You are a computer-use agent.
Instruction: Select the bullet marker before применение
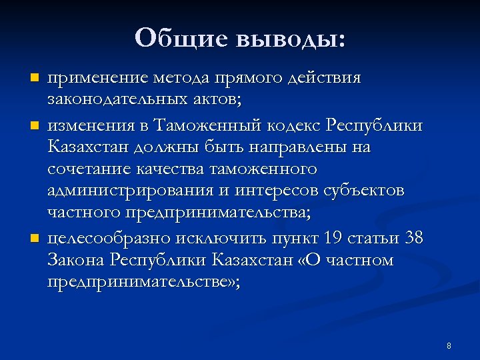pos(34,79)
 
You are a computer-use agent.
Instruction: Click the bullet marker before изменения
pos(34,125)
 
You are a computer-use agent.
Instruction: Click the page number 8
pos(449,345)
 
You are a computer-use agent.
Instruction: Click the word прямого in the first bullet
pos(247,79)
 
